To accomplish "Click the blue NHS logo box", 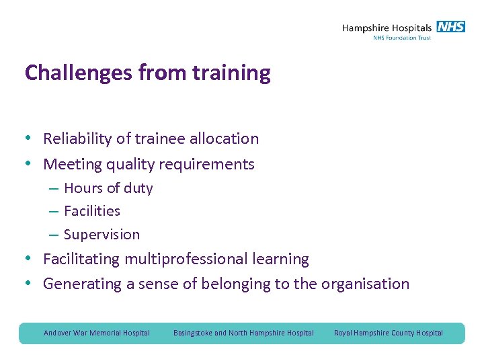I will [x=450, y=27].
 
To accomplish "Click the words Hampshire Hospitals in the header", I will [x=387, y=28].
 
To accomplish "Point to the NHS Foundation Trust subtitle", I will [x=402, y=38].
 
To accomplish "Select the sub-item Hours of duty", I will [x=108, y=188].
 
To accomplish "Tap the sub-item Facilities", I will [x=92, y=211].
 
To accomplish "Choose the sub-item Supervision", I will [x=102, y=235].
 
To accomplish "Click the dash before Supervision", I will [x=53, y=235].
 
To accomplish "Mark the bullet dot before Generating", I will [x=30, y=284].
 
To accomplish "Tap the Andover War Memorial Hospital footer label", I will [x=97, y=333].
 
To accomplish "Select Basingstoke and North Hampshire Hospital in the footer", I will [x=243, y=333].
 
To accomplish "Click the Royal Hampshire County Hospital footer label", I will [x=389, y=333].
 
